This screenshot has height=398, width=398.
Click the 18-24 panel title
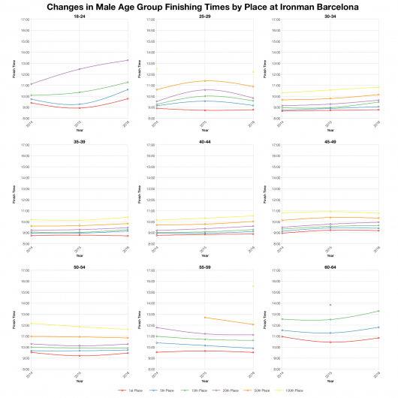tap(79, 16)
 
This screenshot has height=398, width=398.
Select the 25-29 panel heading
tap(204, 16)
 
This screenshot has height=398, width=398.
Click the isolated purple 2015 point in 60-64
tap(329, 305)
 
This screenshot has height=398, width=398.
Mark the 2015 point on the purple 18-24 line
tap(79, 69)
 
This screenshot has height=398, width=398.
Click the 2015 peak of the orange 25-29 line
tap(204, 80)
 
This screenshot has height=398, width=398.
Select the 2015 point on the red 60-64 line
tap(329, 342)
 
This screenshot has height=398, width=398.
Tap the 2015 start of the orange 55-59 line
tap(204, 318)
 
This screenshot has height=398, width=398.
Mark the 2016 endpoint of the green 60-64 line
tap(378, 311)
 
